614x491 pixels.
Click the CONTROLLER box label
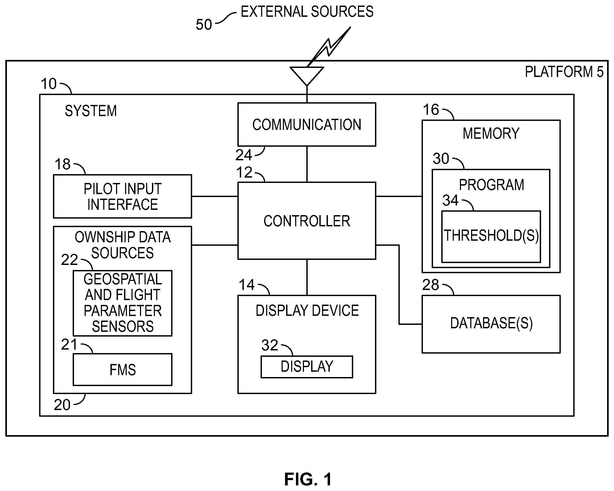click(307, 221)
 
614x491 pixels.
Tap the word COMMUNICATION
click(307, 125)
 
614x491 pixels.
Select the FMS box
click(122, 370)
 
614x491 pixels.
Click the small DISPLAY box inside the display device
click(307, 367)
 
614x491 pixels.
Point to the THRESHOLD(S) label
click(491, 236)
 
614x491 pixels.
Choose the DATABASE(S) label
click(491, 323)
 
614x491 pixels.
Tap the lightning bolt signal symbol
click(329, 46)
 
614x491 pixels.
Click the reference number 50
click(204, 24)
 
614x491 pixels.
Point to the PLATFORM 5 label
click(564, 72)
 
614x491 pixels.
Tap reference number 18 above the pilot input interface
click(62, 164)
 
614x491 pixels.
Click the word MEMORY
click(491, 133)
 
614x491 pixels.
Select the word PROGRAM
click(492, 185)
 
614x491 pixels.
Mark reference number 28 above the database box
click(431, 285)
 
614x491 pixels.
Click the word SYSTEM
click(90, 111)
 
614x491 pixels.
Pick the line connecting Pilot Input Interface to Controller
click(215, 196)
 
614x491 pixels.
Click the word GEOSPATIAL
click(123, 279)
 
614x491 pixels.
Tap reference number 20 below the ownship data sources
click(62, 405)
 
